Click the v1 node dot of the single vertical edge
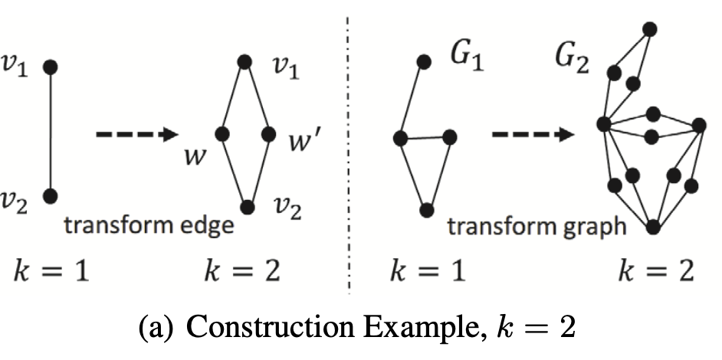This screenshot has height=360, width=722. click(51, 67)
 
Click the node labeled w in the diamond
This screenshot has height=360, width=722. click(222, 134)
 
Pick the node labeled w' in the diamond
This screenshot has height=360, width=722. click(268, 134)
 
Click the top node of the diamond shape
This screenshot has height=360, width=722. click(244, 61)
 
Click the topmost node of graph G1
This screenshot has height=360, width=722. click(423, 61)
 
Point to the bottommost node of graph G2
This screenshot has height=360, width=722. click(653, 227)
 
